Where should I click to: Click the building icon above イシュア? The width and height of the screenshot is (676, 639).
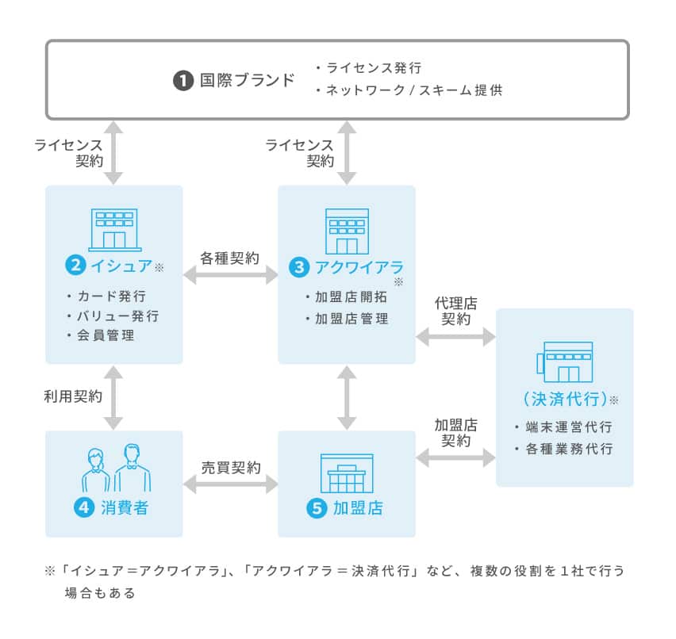[x=114, y=228]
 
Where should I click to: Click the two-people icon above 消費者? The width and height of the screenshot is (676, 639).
[x=116, y=469]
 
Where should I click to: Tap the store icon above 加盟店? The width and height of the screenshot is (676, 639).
[x=346, y=473]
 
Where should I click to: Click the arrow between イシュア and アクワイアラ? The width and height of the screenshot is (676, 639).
[x=230, y=275]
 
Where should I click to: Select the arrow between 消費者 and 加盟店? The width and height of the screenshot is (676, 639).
[x=230, y=483]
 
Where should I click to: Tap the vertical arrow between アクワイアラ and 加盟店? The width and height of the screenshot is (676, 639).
[x=347, y=397]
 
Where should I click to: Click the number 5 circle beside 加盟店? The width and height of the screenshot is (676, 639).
[x=316, y=508]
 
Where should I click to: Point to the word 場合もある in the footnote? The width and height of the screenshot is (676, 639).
[x=100, y=592]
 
